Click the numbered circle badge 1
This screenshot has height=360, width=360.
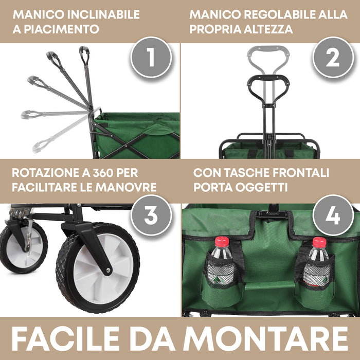point(150,58)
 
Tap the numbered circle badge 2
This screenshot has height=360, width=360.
point(333,58)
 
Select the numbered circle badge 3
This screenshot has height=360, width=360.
point(150,215)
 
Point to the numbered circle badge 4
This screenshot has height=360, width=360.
point(333,215)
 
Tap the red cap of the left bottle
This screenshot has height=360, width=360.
point(222,241)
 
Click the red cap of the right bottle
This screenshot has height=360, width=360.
point(319,242)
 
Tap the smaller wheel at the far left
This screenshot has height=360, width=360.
point(21,247)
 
